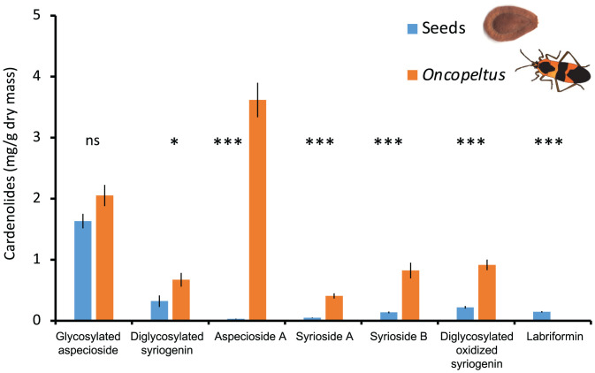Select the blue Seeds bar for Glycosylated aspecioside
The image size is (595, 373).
pyautogui.click(x=82, y=270)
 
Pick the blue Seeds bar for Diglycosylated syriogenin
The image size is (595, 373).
pyautogui.click(x=160, y=310)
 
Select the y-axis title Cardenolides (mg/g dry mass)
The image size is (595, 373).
pyautogui.click(x=11, y=168)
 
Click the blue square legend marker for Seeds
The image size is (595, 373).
pyautogui.click(x=411, y=28)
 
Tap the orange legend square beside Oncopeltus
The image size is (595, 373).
pyautogui.click(x=411, y=76)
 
